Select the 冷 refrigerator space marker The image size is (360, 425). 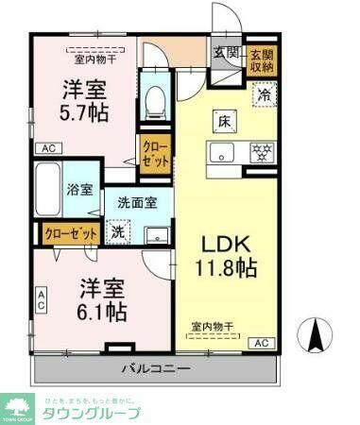[266, 96]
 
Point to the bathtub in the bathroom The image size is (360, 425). [48, 190]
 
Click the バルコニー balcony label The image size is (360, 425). [155, 367]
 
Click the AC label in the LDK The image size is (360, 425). [261, 342]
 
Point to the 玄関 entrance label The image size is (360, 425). [225, 53]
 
